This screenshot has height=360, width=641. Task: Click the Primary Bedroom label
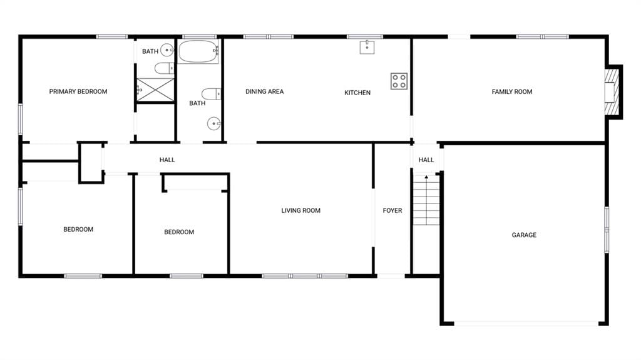[x=78, y=91]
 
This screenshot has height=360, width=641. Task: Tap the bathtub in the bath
[x=198, y=51]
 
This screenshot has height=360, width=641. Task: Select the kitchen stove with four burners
[x=399, y=81]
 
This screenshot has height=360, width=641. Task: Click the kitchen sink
[x=367, y=47]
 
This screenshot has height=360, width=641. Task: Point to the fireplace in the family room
[x=612, y=92]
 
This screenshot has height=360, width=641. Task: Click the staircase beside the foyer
[x=426, y=200]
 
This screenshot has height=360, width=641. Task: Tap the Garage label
[x=524, y=235]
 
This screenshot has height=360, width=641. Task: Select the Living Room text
[x=301, y=210]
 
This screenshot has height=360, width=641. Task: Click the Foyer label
[x=392, y=210]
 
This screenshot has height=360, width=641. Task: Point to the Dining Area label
[x=265, y=91]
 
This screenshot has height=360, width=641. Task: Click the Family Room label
[x=512, y=91]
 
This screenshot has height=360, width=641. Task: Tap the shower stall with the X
[x=155, y=90]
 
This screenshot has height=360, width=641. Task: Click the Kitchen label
[x=357, y=93]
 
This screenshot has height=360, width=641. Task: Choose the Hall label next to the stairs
[x=426, y=160]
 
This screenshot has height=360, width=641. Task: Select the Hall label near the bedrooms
[x=167, y=160]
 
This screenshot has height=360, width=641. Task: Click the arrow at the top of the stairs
[x=426, y=177]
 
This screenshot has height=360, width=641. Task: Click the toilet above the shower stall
[x=165, y=68]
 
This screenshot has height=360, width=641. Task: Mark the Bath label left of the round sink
[x=150, y=51]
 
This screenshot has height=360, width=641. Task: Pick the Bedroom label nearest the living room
[x=179, y=232]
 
